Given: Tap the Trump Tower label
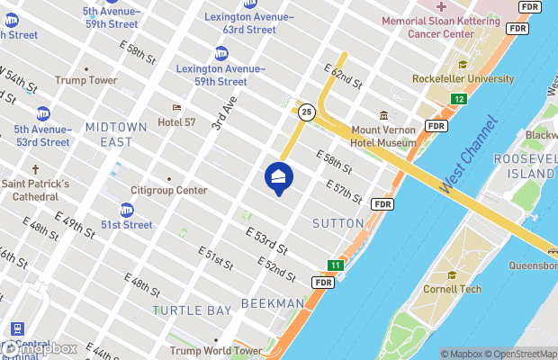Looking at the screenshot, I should pos(86,80).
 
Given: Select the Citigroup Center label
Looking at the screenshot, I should pos(168,190).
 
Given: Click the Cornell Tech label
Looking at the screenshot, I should pos(453,289).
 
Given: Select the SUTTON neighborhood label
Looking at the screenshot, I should pos(337,222).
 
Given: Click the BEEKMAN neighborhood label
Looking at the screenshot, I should pos(274,303).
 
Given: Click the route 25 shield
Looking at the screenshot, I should pos(307,112).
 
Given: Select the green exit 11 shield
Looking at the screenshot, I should pos(335,265).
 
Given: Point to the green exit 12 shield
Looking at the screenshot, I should pos(459,98).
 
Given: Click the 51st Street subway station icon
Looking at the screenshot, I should pos(126,210).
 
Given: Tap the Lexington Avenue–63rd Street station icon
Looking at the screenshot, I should pos(221,19).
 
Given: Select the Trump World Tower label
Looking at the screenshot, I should pos(215,350).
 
